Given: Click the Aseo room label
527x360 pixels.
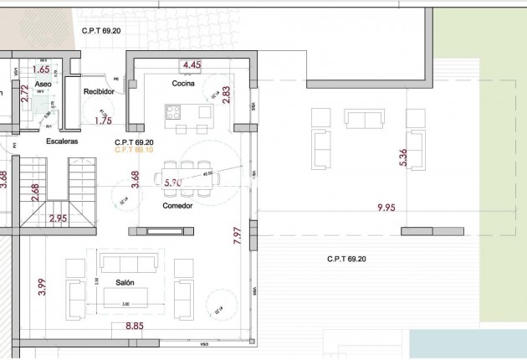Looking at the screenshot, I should click(43, 85).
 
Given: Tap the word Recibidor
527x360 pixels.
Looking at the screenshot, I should click(98, 91).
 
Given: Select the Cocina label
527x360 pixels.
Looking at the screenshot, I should click(184, 84).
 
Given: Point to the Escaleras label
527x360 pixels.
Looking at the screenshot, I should click(62, 141).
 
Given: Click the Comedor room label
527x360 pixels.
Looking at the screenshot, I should click(177, 204).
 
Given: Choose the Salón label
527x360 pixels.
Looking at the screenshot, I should click(125, 283).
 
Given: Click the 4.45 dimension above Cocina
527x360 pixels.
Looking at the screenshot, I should click(192, 64).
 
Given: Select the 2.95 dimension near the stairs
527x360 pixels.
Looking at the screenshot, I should click(59, 219).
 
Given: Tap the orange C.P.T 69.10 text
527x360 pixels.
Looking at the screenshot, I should click(134, 151).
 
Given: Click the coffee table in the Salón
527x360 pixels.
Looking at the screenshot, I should click(125, 296).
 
